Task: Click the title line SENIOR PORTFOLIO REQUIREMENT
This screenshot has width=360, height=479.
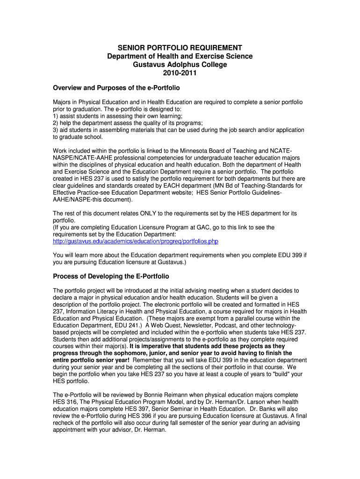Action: [x=180, y=48]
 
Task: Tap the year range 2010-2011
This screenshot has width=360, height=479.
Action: [x=180, y=73]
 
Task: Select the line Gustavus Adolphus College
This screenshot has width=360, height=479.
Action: [x=180, y=65]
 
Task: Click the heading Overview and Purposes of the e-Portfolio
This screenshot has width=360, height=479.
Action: [x=116, y=87]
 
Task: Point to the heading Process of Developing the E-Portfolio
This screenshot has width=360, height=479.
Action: [x=111, y=276]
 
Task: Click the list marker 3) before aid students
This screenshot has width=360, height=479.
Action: [x=56, y=130]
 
